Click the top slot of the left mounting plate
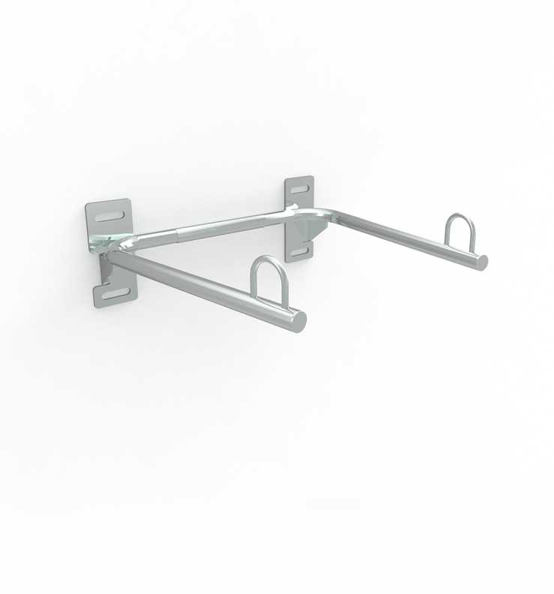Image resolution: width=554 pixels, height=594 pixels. point(109,216)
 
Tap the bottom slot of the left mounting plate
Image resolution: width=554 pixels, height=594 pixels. point(115,293)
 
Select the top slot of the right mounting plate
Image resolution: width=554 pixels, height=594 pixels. point(299,189)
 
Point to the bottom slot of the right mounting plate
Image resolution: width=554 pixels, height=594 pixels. point(299,250)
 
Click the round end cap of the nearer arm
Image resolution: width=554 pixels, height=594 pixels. point(298,321)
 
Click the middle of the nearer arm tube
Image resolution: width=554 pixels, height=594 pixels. point(202,288)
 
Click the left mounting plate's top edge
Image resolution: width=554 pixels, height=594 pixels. point(108,202)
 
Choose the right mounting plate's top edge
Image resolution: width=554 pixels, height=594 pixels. point(299,178)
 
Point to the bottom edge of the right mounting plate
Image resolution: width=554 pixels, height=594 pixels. point(300,260)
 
